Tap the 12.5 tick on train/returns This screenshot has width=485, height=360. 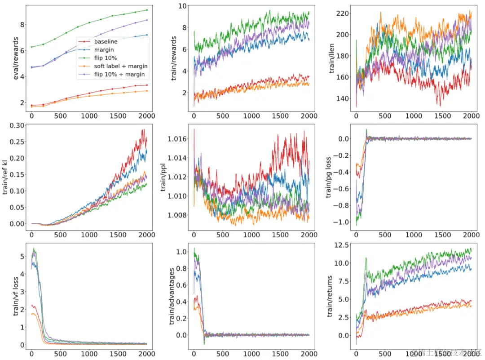click(341, 244)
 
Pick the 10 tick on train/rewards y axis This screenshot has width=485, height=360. click(182, 6)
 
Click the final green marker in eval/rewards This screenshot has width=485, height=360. click(147, 10)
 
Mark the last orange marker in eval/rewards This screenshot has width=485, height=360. click(147, 91)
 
